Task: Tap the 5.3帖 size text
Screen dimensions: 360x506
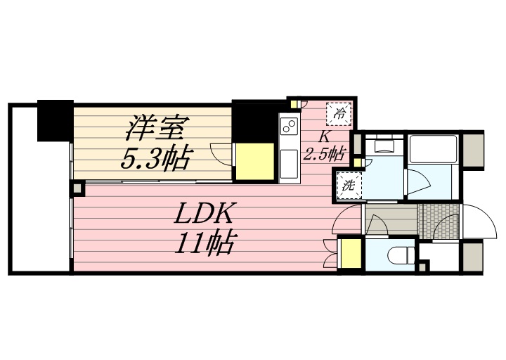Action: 155,158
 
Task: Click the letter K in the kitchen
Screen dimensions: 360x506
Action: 325,136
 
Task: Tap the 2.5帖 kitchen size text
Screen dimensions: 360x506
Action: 325,153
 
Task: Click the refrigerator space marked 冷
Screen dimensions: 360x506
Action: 340,112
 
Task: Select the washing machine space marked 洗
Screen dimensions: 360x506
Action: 348,186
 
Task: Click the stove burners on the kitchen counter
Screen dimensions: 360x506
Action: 289,127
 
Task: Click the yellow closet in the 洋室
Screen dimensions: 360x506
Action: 254,162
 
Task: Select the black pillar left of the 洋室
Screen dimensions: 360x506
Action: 55,120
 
